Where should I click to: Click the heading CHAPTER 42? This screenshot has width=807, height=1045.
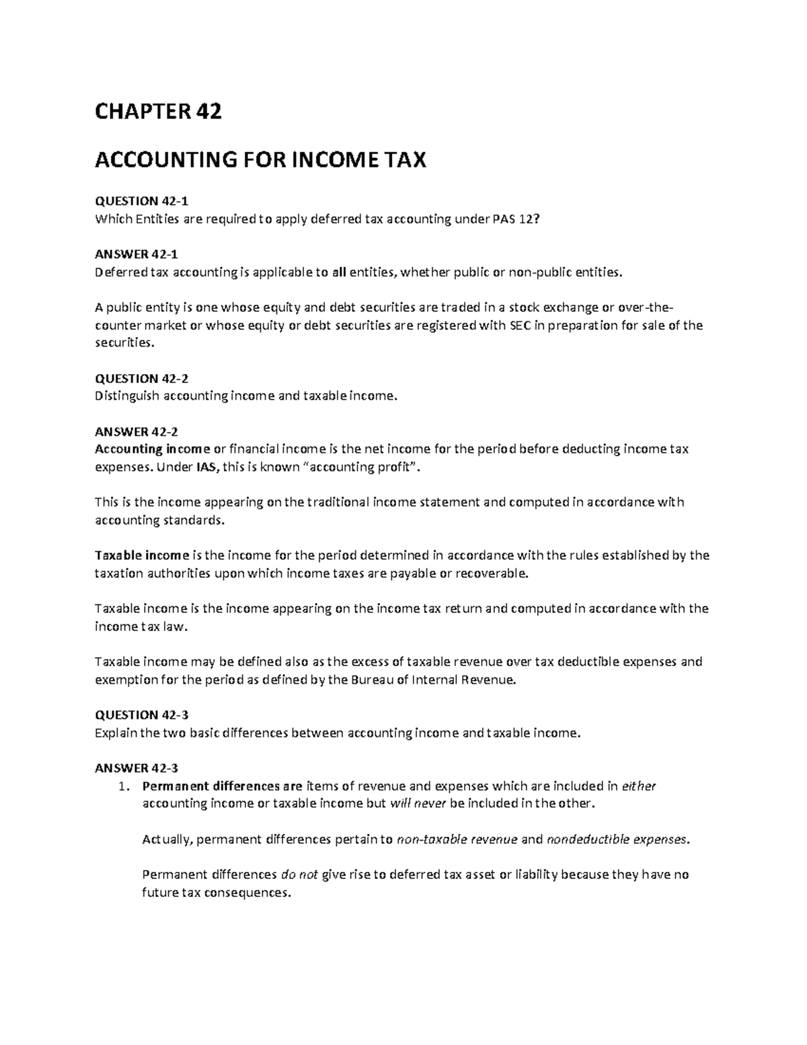pyautogui.click(x=158, y=112)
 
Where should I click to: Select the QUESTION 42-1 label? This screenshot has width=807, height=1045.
pyautogui.click(x=137, y=201)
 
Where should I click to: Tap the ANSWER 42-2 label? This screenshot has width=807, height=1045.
pyautogui.click(x=137, y=431)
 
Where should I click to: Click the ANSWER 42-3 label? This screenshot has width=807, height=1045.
pyautogui.click(x=137, y=768)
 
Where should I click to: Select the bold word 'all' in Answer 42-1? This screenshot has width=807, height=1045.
pyautogui.click(x=340, y=272)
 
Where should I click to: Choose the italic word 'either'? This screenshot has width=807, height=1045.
pyautogui.click(x=639, y=786)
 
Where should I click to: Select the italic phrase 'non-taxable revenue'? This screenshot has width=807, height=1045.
pyautogui.click(x=457, y=839)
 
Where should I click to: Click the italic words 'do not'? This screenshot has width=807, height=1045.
pyautogui.click(x=299, y=875)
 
